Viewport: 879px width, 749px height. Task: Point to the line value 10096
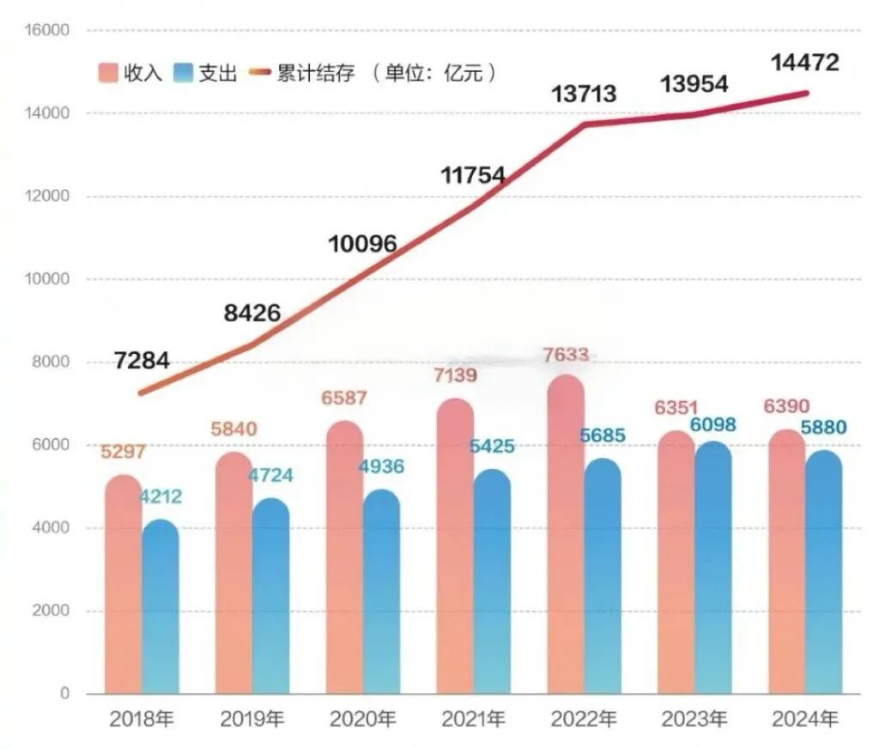(x=362, y=244)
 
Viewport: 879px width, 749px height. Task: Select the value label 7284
(x=142, y=361)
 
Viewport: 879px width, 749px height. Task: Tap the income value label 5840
(x=234, y=429)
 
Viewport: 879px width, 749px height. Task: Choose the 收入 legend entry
(x=130, y=73)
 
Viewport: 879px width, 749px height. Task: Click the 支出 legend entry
(x=204, y=73)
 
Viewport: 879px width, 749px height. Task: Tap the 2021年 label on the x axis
(x=473, y=719)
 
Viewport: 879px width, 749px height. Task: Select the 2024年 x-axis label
(x=805, y=719)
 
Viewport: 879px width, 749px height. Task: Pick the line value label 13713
(x=584, y=94)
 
